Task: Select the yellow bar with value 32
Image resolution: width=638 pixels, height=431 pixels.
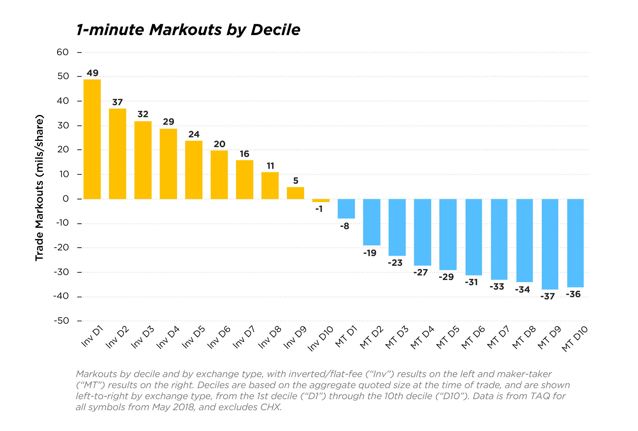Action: tap(143, 160)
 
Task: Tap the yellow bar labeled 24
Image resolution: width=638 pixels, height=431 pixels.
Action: tap(194, 169)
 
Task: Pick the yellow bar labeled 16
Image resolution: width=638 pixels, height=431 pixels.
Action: tap(245, 179)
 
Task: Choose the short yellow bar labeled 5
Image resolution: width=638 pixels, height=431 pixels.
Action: tap(295, 193)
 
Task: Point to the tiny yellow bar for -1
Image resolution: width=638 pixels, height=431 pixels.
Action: tap(321, 201)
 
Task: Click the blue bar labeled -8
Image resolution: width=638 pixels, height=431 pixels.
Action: tap(346, 209)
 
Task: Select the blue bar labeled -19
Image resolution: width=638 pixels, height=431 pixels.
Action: tap(372, 222)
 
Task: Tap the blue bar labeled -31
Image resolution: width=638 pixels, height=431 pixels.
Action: tap(474, 237)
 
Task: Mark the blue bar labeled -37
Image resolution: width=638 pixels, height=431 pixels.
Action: tap(550, 244)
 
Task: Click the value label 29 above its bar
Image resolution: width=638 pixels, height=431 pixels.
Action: tap(168, 121)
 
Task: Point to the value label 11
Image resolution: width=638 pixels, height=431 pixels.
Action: tap(270, 166)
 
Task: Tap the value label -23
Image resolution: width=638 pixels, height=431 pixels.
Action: tap(395, 263)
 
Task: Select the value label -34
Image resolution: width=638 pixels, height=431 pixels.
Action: tap(522, 289)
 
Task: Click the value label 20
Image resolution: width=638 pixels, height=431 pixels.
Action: tap(219, 144)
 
